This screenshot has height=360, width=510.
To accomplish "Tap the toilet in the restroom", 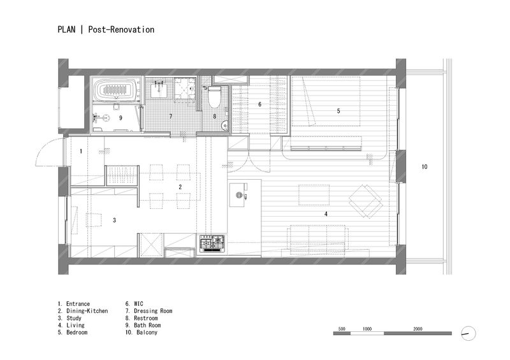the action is click(x=214, y=97).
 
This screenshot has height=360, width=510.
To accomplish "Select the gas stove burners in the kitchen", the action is click(x=212, y=243).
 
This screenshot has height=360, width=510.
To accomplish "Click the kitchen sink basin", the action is click(x=238, y=195).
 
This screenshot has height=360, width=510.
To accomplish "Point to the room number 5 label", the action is click(x=339, y=111).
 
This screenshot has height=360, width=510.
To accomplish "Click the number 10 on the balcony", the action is click(x=425, y=167).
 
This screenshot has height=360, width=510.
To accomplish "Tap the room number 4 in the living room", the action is click(x=326, y=214).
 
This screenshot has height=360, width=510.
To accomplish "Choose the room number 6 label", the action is click(x=259, y=104).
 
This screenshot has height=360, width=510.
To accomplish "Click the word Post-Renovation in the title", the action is click(x=121, y=29).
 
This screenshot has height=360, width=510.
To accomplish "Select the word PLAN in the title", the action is click(x=66, y=29).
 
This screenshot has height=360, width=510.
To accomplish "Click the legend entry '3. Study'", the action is click(x=69, y=318).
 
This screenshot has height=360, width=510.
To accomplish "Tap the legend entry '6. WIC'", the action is click(x=135, y=304).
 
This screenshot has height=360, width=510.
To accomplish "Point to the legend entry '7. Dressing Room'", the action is click(x=149, y=311).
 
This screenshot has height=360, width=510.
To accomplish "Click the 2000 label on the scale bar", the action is click(x=418, y=329).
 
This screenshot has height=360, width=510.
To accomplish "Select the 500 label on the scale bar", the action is click(x=342, y=329).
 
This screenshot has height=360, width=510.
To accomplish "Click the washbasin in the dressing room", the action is click(x=159, y=88).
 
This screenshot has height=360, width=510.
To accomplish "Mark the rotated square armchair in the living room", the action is click(x=365, y=201).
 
